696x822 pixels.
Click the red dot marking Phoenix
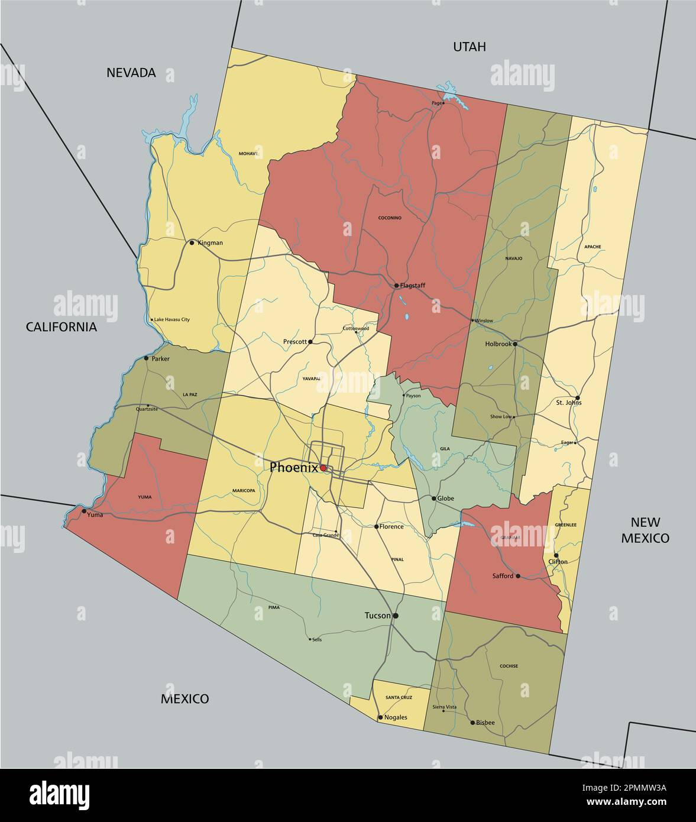point(323,468)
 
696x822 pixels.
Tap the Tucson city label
point(377,616)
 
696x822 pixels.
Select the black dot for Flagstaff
point(396,286)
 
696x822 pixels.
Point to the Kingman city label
point(210,243)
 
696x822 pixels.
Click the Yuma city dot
point(84,511)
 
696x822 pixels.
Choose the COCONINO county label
point(390,218)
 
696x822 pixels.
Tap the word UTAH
point(469,47)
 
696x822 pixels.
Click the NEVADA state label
point(131,73)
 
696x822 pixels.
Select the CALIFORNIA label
point(61,327)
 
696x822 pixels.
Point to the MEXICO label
point(184,699)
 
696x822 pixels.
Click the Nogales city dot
point(380,717)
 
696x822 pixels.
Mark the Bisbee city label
point(485,723)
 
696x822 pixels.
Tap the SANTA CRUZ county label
point(399,698)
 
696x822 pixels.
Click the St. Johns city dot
point(578,398)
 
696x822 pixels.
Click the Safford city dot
point(518,576)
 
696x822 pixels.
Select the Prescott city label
point(295,342)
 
